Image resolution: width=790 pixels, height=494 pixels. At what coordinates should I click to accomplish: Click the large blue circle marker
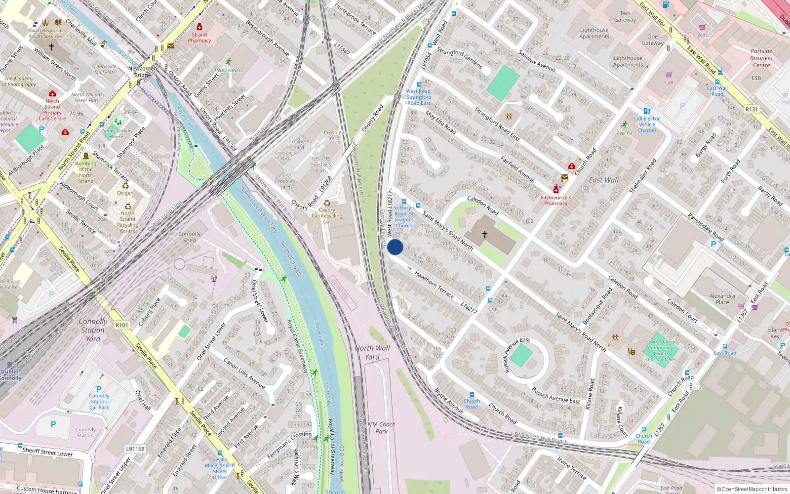[395, 247]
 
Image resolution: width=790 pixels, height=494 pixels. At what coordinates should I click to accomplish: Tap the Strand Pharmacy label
[199, 38]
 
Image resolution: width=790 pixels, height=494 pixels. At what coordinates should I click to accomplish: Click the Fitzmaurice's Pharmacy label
[555, 200]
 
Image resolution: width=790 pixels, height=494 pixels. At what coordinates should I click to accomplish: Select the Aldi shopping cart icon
[702, 28]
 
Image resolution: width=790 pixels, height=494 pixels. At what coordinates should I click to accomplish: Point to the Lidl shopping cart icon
[669, 75]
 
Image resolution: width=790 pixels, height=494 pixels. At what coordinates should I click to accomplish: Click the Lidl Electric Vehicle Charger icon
[646, 111]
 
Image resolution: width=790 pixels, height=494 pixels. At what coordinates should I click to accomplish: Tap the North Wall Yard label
[372, 352]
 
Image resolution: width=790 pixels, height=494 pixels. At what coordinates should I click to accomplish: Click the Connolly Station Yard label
[93, 330]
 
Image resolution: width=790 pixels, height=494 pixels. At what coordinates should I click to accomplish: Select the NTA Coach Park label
[381, 427]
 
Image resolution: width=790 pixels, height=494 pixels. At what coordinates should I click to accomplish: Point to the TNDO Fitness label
[228, 70]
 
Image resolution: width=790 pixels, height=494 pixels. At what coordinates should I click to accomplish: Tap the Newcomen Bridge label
[142, 72]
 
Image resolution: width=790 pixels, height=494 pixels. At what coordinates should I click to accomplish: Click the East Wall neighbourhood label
[603, 180]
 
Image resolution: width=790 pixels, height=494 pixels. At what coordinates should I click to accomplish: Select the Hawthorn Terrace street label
[434, 284]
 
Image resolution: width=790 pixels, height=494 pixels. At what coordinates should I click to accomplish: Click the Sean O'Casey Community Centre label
[661, 350]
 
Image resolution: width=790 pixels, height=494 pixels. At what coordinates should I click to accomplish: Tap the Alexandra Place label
[722, 299]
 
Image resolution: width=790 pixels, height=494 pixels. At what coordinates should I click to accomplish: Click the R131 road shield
[751, 109]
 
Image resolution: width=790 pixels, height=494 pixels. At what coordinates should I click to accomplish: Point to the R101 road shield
[121, 325]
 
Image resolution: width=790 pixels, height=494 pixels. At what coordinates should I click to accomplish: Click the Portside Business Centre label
[761, 58]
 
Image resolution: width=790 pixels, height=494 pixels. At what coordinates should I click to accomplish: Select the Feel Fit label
[624, 133]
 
